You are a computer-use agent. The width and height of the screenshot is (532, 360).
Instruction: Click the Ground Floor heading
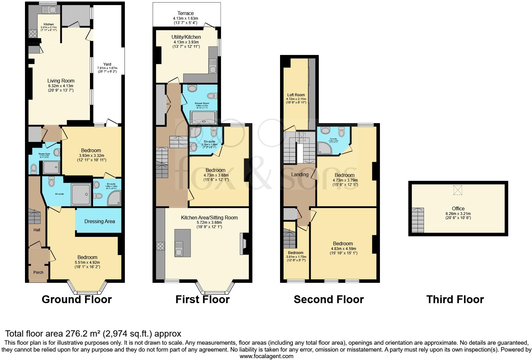click(76, 299)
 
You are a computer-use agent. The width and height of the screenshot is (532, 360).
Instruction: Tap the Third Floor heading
click(455, 299)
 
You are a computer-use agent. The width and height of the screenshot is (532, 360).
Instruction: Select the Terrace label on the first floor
click(185, 13)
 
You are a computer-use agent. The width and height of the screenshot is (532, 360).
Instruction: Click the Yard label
click(107, 64)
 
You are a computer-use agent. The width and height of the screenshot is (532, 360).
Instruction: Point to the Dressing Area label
click(100, 221)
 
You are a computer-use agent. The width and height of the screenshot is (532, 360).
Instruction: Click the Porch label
click(38, 272)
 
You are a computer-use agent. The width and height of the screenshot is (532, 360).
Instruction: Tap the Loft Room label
click(296, 95)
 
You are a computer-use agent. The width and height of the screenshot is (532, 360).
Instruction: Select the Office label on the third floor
click(458, 208)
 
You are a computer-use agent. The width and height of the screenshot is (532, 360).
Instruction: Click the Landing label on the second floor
click(300, 174)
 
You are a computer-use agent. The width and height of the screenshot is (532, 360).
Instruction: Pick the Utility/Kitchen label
click(186, 37)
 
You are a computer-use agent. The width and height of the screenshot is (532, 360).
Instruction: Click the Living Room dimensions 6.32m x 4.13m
click(61, 86)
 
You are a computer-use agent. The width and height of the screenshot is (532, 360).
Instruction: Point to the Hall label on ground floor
click(37, 230)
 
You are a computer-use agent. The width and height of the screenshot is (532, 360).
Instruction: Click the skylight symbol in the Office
click(457, 190)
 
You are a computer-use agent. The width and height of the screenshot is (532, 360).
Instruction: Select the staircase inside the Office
click(418, 220)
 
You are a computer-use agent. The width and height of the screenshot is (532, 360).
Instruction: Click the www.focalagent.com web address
click(266, 356)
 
